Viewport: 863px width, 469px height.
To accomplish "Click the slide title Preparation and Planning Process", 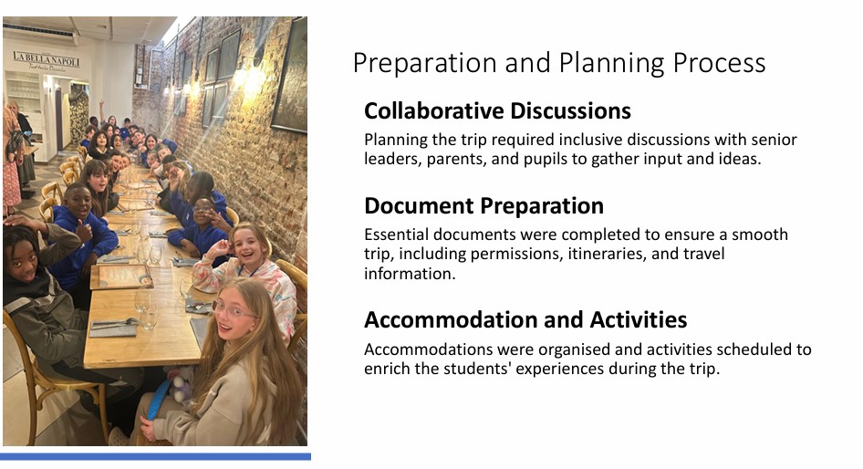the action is coord(558,63).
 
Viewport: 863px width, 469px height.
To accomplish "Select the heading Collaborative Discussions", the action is coord(497,110).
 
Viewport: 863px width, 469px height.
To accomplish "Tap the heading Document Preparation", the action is coord(483,206).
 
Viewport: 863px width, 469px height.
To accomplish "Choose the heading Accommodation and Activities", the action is coord(525,320).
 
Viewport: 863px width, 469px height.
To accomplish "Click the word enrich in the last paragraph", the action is coord(387,369).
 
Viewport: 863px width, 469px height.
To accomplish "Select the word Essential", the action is coord(396,234).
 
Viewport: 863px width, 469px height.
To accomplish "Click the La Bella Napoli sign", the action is coord(47,60).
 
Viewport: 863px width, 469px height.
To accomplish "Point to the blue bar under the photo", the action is coord(155,456).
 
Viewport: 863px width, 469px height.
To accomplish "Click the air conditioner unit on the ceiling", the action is coord(38,30).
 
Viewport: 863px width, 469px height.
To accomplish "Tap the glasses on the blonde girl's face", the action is coord(233,311).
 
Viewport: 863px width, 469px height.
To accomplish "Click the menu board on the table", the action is coord(121,276).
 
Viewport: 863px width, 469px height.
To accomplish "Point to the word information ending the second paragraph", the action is coord(410,274).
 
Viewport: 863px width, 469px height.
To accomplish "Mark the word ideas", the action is coord(741,159).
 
